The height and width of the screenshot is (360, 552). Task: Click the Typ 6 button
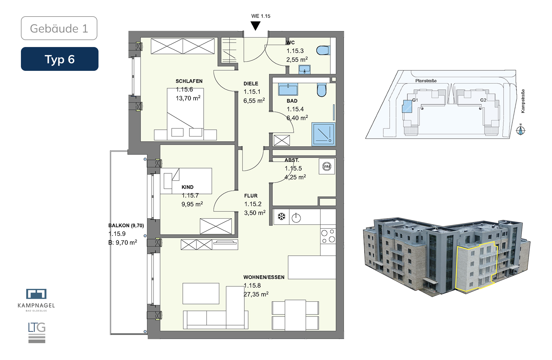(60, 59)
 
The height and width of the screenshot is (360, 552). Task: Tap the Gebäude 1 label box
(59, 28)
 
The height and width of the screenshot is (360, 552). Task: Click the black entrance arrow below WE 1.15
(255, 26)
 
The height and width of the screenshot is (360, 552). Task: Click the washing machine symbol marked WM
(327, 166)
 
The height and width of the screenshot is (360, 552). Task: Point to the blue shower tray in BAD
(324, 134)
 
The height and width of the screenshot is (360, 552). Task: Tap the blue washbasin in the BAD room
(288, 89)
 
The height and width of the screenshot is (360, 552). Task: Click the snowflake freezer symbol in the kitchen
(281, 217)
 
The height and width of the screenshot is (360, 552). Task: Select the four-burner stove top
(328, 236)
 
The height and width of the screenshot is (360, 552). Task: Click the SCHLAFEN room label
(189, 81)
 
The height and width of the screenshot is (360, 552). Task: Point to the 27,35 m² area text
(256, 294)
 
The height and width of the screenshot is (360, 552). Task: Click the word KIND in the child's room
(188, 187)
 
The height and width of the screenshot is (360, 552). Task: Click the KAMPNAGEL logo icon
(36, 294)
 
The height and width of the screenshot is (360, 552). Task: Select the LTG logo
(37, 332)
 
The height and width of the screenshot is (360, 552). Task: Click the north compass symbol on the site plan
(521, 130)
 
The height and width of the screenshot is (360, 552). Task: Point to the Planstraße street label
(426, 81)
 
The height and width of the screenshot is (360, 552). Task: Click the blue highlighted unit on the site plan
(407, 106)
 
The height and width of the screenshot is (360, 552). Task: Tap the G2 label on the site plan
(483, 100)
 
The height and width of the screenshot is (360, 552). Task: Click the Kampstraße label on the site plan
(523, 101)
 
